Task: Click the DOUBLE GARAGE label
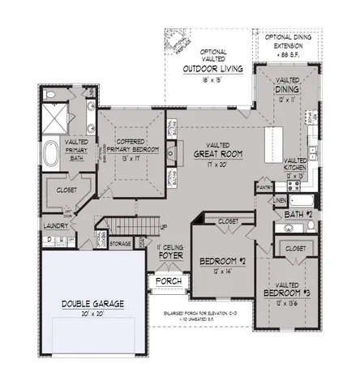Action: pos(93,304)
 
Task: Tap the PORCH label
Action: pos(169,281)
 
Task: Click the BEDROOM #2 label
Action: pos(222,261)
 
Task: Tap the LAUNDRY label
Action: pos(55,226)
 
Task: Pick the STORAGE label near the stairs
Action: pos(122,242)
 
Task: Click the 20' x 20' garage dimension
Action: pos(93,314)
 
